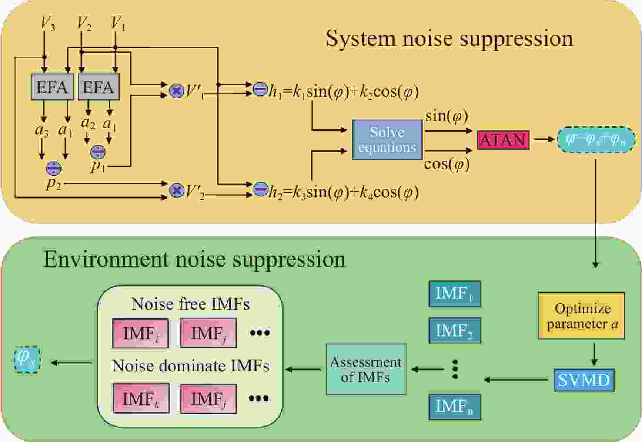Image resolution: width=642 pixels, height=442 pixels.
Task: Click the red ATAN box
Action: [x=503, y=140]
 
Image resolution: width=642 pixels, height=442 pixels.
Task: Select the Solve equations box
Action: [x=387, y=140]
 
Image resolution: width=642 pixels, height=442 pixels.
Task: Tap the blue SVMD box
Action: [x=584, y=380]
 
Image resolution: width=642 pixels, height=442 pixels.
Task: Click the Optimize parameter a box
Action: [x=582, y=316]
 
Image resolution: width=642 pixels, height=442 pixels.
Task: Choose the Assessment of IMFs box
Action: [x=366, y=369]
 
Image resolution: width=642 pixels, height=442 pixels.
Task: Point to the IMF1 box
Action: [x=455, y=294]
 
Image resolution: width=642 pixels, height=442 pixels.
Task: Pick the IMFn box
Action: [x=455, y=407]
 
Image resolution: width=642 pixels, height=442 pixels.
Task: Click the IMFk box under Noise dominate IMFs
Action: [x=141, y=398]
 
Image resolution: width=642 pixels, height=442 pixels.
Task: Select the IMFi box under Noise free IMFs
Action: [x=140, y=334]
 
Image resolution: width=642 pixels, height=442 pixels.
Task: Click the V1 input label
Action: [x=118, y=24]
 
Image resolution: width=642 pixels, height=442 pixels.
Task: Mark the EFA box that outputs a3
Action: [x=52, y=87]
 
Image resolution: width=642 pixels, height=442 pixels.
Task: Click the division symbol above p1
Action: [x=97, y=152]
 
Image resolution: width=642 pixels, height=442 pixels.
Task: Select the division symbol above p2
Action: [x=54, y=168]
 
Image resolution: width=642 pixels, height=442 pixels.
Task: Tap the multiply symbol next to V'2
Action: [x=176, y=190]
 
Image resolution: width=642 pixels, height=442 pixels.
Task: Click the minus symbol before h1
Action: [x=260, y=89]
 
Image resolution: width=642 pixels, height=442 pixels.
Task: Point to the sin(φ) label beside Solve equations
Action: [x=447, y=116]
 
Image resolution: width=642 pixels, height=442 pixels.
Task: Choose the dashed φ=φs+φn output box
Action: [x=595, y=140]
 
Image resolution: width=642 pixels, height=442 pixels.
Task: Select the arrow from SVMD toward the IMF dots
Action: [x=516, y=380]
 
